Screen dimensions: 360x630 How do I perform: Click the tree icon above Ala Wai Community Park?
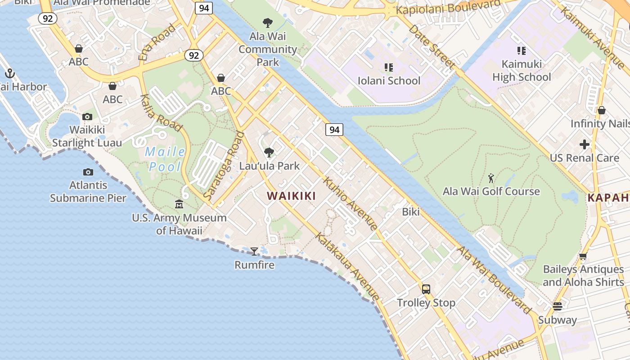[268, 22]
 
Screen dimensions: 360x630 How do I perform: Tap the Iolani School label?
[389, 81]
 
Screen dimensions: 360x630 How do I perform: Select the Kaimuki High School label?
[522, 71]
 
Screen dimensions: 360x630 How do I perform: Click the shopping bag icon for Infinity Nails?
[602, 110]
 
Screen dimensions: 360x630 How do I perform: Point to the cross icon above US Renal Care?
[585, 144]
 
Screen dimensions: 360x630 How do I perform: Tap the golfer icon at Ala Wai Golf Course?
[491, 179]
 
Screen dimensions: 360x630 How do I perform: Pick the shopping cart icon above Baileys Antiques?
[583, 256]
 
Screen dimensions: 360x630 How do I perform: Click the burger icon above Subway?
[558, 306]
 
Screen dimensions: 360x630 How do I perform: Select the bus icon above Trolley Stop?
[426, 289]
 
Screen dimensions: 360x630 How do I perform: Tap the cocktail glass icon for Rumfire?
[254, 251]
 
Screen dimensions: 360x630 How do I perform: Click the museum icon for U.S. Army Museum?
[179, 204]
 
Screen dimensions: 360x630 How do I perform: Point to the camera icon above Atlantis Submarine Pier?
[88, 172]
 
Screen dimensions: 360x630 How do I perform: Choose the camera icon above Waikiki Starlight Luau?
[87, 117]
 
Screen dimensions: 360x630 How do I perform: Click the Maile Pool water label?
[165, 159]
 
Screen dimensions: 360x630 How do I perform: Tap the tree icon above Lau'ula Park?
[269, 153]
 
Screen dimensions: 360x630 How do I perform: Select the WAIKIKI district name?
[291, 196]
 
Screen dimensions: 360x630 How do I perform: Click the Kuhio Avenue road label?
[350, 204]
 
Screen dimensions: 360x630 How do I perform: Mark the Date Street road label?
[432, 46]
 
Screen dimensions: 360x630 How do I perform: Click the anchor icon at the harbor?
[10, 73]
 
